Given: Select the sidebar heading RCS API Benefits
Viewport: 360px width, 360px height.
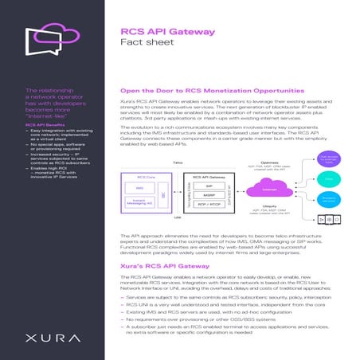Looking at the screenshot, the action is coord(45,126).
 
